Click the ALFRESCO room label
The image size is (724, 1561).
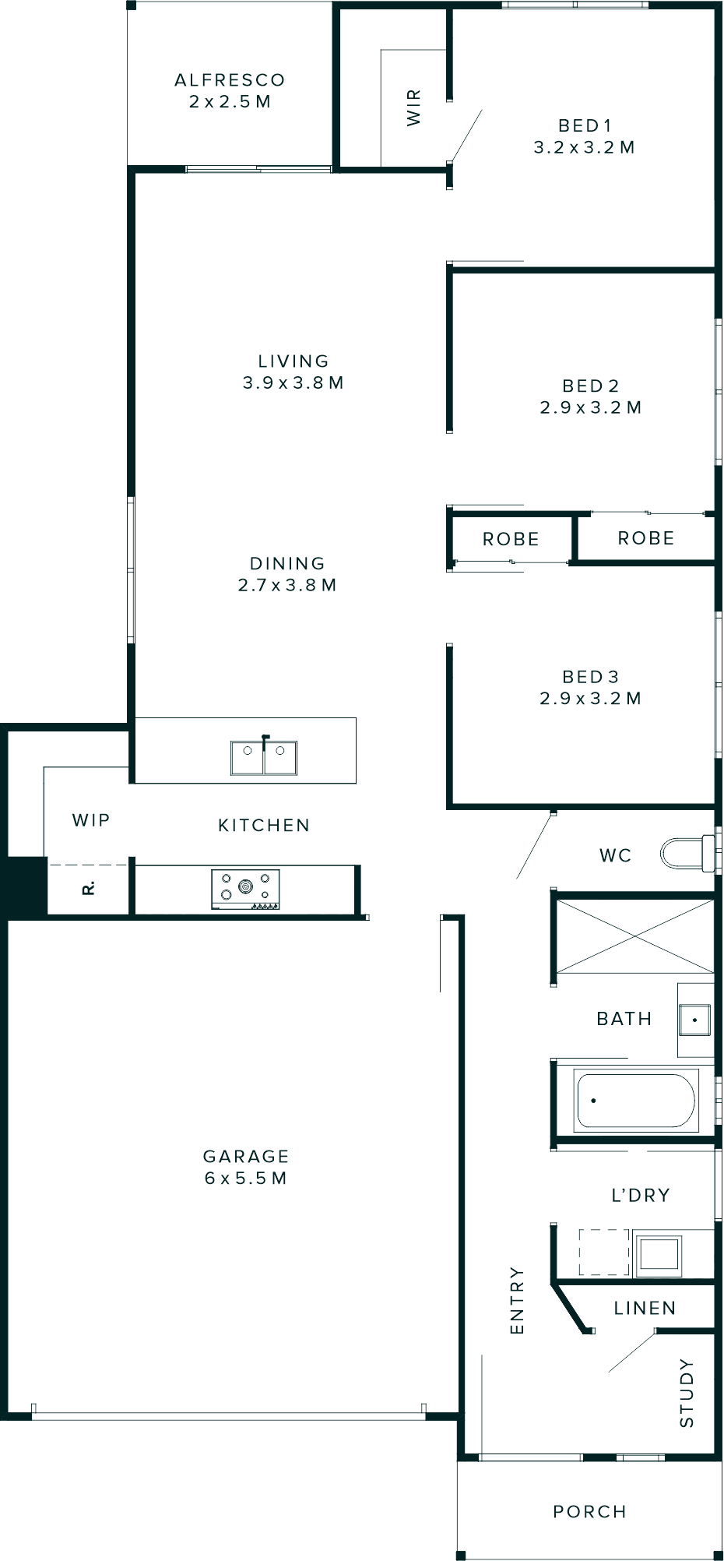click(230, 80)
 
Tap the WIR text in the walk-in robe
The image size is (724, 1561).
click(414, 107)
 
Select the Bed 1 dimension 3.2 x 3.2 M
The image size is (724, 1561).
click(584, 147)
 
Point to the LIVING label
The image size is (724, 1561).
click(293, 361)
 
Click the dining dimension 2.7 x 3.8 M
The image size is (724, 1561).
click(287, 585)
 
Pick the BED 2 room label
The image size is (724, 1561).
click(590, 386)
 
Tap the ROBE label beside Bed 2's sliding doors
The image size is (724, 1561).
click(645, 538)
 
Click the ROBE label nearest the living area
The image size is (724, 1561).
click(511, 539)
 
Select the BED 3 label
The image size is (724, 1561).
click(590, 677)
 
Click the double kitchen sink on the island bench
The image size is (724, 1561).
click(263, 757)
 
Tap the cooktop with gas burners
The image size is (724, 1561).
click(245, 889)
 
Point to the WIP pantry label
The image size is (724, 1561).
click(91, 820)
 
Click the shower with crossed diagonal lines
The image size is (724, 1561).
click(634, 936)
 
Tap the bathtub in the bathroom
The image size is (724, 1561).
click(634, 1101)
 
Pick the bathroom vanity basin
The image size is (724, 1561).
click(694, 1019)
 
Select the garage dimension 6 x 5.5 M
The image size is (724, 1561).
click(246, 1179)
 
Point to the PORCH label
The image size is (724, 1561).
click(589, 1512)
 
